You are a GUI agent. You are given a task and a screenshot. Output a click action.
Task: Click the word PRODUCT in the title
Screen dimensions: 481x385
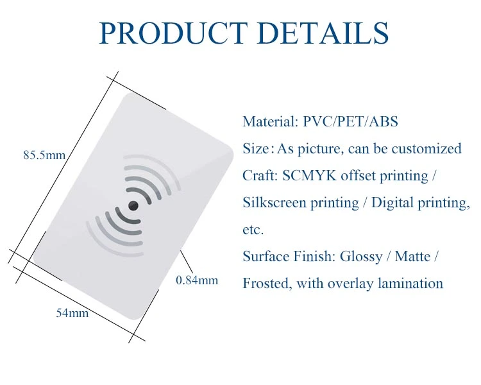point(173,33)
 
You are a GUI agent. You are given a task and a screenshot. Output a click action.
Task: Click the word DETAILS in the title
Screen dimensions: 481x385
point(323,33)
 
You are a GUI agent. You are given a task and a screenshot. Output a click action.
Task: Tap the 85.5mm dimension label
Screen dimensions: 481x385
point(44,155)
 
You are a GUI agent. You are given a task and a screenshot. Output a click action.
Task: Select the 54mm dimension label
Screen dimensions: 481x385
point(72,313)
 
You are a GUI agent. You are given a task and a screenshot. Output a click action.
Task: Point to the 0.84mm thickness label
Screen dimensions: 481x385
point(197,280)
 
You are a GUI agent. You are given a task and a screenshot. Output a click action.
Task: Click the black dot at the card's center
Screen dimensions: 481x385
point(133,206)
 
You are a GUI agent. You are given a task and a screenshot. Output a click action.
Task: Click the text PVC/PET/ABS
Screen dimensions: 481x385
point(350,121)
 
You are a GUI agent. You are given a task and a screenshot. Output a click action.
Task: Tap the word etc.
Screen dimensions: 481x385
point(253,230)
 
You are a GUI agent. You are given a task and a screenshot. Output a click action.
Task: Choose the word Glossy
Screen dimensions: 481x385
point(361,257)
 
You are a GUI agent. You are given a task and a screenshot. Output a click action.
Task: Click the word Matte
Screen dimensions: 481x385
point(412,257)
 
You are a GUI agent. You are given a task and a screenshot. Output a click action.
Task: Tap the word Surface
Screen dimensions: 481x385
point(266,257)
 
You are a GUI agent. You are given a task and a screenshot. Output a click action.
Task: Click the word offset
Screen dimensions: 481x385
point(358,176)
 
